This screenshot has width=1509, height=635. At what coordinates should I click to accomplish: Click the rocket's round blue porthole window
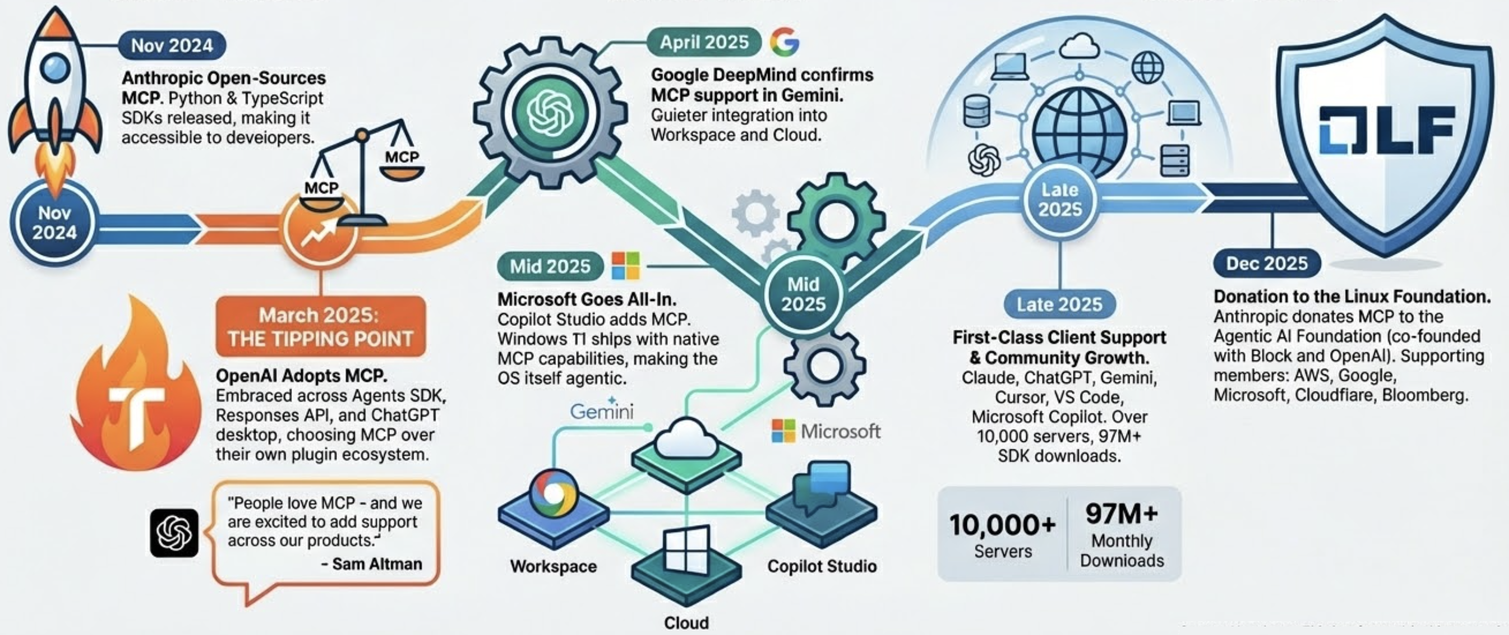[x=55, y=68]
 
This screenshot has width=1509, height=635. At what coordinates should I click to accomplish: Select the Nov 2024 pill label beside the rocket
[x=171, y=46]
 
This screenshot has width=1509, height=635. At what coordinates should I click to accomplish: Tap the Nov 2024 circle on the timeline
[x=55, y=223]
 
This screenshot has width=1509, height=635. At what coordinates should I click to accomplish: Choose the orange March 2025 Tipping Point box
[x=320, y=327]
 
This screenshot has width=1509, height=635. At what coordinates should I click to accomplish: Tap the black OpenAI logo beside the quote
[x=174, y=533]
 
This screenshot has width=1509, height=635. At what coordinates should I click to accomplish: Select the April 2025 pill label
[x=704, y=42]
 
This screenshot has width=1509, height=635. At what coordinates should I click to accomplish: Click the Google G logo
[x=784, y=42]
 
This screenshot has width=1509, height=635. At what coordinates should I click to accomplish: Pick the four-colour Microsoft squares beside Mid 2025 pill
[x=626, y=266]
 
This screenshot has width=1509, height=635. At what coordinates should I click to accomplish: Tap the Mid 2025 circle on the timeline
[x=803, y=294]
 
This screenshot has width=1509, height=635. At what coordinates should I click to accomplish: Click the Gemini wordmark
[x=602, y=411]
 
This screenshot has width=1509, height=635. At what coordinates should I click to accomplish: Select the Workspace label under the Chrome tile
[x=553, y=566]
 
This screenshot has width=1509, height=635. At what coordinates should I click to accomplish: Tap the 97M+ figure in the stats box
[x=1121, y=514]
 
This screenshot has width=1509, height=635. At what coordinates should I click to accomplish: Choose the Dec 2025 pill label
[x=1266, y=263]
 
